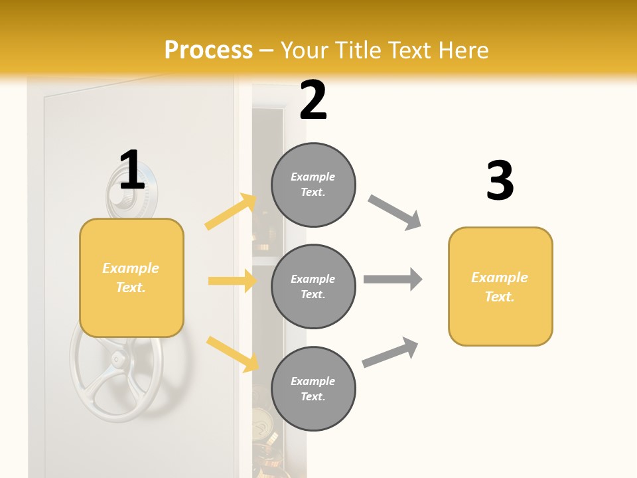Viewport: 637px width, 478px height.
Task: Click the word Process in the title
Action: tap(208, 50)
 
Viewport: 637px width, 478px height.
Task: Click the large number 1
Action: tap(132, 171)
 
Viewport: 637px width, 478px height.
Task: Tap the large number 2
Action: tap(313, 100)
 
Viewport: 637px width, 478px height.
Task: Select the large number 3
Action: tap(500, 181)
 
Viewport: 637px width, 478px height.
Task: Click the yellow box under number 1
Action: tap(131, 278)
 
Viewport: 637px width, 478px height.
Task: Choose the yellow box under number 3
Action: tap(500, 286)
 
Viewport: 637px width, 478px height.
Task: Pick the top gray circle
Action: tap(313, 185)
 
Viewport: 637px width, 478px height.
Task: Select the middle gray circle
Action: tap(313, 286)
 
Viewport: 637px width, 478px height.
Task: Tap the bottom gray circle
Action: tap(313, 388)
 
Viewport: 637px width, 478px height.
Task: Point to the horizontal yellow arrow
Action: tap(232, 281)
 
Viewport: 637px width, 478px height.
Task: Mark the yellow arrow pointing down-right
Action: tap(232, 354)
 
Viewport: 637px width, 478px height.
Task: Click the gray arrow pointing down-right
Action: tap(395, 212)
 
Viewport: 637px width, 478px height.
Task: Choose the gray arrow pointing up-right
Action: tap(390, 353)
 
